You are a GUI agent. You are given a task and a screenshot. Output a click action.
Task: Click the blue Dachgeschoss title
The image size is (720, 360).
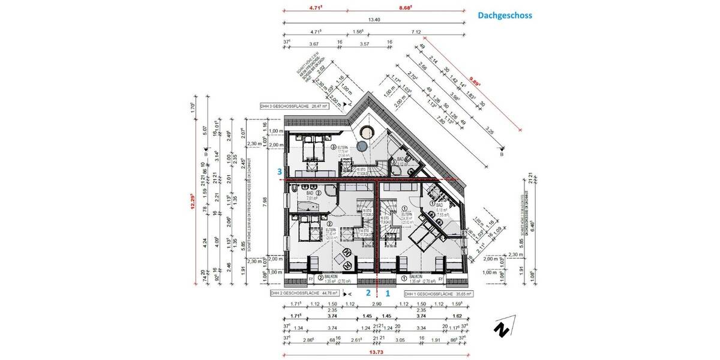[x=505, y=16]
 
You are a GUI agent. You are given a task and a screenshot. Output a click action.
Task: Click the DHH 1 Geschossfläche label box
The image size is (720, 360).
[x=439, y=294]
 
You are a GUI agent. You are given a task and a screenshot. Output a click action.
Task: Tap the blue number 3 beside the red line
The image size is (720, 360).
[x=280, y=172]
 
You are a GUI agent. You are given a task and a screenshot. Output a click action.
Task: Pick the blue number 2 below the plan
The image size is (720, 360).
[x=368, y=293]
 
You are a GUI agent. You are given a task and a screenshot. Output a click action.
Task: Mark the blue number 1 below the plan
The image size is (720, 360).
[x=388, y=293]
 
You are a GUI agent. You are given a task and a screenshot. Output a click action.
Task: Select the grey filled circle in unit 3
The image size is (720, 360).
[x=362, y=146]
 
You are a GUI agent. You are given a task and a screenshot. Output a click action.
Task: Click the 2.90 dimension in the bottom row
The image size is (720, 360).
[x=376, y=304]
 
